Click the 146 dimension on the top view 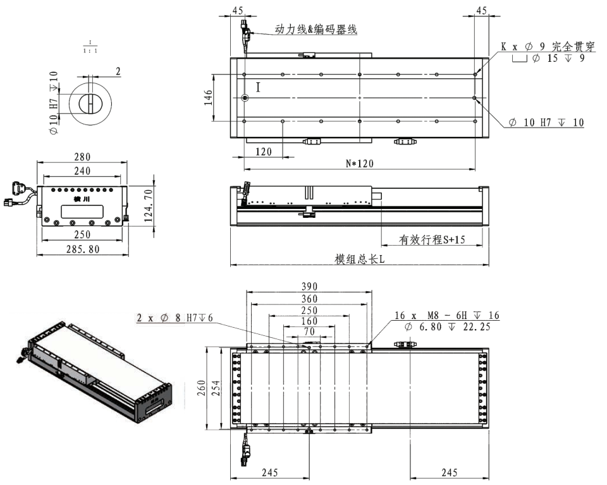coord(209,98)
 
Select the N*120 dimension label coord(359,163)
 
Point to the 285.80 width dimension coord(82,249)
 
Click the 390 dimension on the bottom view coord(309,286)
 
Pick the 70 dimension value coord(309,331)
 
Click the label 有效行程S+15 coord(431,240)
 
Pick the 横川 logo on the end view coord(82,199)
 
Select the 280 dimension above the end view coord(82,157)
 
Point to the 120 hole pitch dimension coord(263,152)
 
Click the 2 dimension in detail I coord(118,71)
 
